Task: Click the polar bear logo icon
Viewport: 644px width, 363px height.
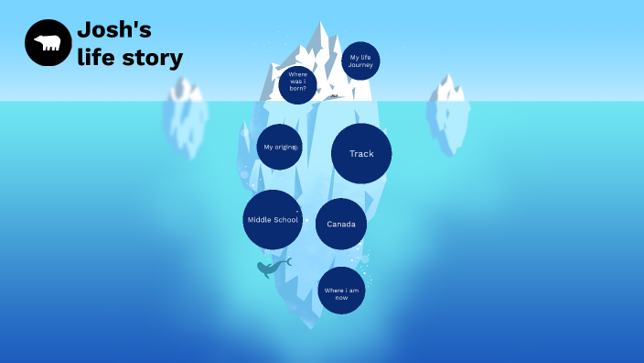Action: coord(48,43)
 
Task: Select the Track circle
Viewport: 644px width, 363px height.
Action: coord(361,154)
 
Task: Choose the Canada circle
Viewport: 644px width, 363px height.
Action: coord(341,225)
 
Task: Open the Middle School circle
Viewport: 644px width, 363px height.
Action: coord(273,220)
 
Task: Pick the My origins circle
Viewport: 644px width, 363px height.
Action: coord(279,147)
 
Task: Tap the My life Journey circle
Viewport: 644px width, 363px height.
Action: coord(360,60)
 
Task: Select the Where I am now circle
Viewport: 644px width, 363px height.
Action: coord(341,291)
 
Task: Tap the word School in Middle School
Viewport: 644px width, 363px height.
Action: coord(285,220)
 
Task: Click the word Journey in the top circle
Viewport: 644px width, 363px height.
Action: coord(360,65)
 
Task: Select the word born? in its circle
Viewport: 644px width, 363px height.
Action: coord(297,89)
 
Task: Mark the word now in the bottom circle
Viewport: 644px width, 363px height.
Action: coord(341,298)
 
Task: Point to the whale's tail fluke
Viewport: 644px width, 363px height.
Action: coord(287,261)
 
